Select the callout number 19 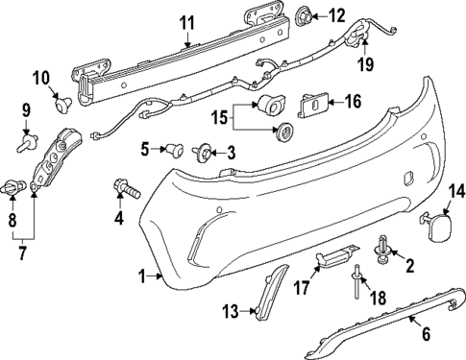[364, 66]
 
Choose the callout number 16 [353, 101]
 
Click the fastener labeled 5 [176, 150]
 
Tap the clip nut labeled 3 [205, 152]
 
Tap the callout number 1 [142, 277]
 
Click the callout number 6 [426, 334]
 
